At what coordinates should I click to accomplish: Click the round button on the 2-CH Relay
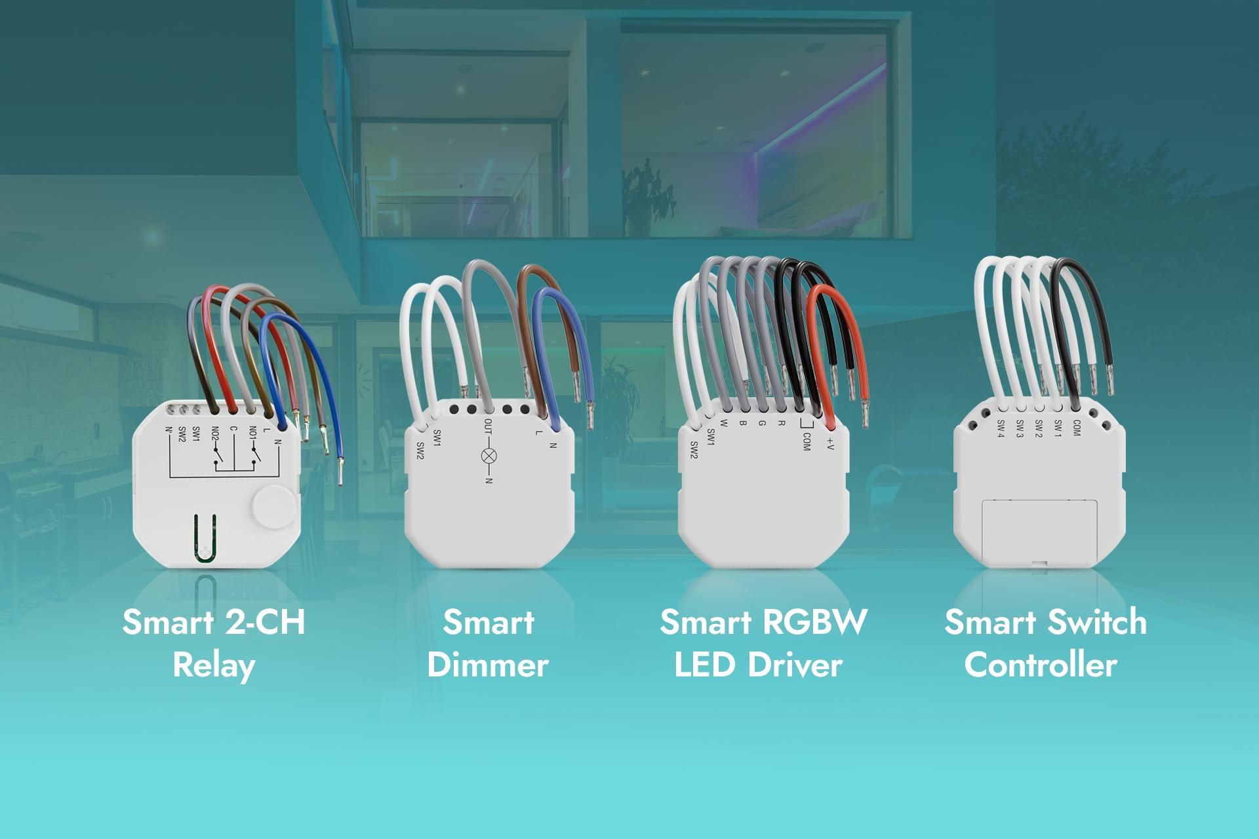(272, 506)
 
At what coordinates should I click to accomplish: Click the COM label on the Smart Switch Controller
(1075, 427)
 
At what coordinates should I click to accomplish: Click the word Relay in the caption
(214, 665)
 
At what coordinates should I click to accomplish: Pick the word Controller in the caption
(1041, 665)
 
